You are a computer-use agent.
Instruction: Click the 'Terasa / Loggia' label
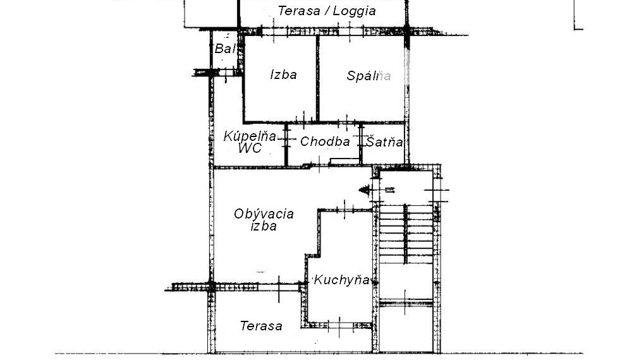pos(326,11)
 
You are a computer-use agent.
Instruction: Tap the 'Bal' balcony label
pos(225,49)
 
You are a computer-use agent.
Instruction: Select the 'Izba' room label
pos(284,75)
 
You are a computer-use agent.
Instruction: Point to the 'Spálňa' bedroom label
pos(369,76)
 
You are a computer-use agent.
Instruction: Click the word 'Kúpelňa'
pos(250,136)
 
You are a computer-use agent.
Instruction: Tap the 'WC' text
pos(250,148)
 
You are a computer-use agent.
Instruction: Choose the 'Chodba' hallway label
pos(325,141)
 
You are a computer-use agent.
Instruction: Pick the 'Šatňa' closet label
pos(384,141)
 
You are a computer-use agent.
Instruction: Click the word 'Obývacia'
pos(264,214)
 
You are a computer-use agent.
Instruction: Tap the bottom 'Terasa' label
pos(261,326)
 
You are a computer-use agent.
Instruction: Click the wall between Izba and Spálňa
pos(317,78)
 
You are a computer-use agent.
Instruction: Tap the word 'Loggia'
pos(354,11)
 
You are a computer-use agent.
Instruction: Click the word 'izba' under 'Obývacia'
pos(264,227)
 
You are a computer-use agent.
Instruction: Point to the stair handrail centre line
pos(405,234)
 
